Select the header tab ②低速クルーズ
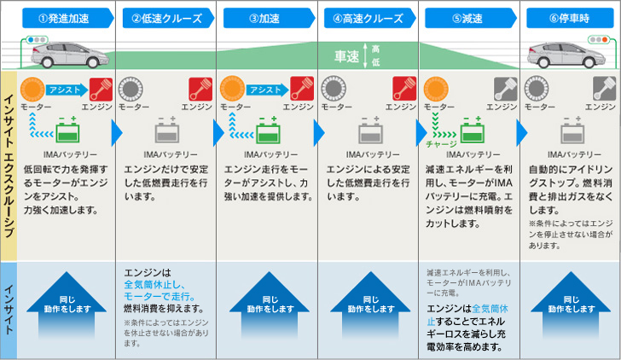(166, 17)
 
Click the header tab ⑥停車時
(569, 17)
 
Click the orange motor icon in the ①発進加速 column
(33, 89)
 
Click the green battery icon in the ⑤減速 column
(473, 133)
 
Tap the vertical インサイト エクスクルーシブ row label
(9, 162)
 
